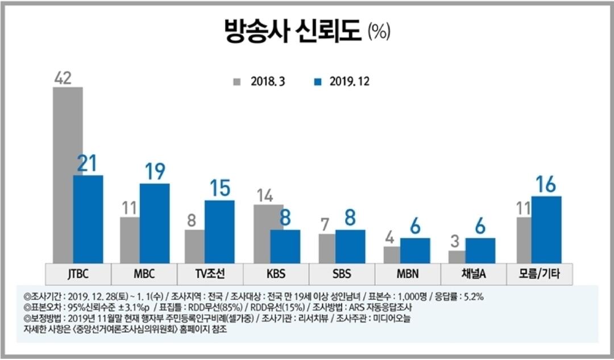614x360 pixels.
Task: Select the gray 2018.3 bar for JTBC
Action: point(67,171)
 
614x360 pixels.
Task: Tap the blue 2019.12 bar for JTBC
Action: point(88,219)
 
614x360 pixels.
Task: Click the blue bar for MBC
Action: point(154,223)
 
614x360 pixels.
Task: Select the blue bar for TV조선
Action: point(219,231)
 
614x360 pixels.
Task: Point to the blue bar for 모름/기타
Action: point(546,229)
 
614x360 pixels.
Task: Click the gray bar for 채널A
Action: point(457,257)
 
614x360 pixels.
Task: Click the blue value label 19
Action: point(154,171)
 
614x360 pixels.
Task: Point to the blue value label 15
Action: point(219,188)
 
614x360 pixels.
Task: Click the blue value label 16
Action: point(546,184)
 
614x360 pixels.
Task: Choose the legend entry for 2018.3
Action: point(259,81)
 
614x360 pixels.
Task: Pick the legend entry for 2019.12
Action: point(341,81)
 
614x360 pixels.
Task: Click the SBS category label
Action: point(342,274)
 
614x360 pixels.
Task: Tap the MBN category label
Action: point(408,274)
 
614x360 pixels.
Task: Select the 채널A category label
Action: point(473,274)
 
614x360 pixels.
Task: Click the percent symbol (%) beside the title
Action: point(379,32)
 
